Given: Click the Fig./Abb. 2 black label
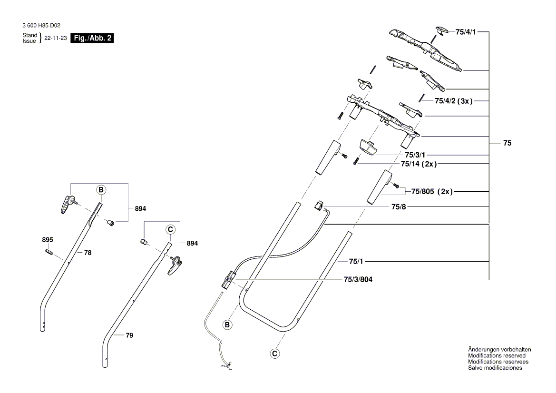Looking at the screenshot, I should pos(92,38).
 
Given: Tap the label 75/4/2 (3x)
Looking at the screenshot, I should pos(454,101).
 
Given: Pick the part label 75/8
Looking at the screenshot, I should pos(399,206).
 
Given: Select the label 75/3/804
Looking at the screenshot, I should pos(358,280).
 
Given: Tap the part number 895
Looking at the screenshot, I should pos(48,239).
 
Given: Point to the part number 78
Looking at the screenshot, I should pos(88,253).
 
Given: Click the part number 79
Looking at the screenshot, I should pos(129,335).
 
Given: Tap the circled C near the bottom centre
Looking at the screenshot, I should pos(274,354).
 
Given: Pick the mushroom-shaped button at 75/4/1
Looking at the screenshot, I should pos(442,30).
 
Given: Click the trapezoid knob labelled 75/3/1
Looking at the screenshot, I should pos(368,147).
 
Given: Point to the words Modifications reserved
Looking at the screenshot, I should pos(497,355).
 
